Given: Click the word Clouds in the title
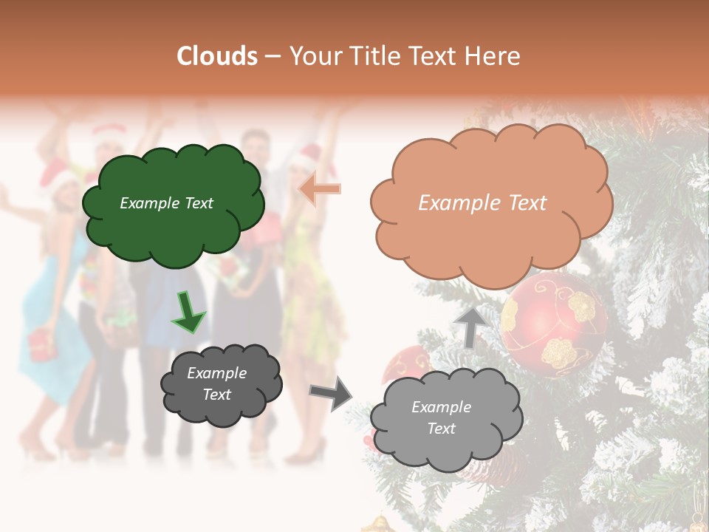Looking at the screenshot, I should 218,56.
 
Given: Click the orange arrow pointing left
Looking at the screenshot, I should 319,189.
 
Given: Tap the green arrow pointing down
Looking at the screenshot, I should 188,312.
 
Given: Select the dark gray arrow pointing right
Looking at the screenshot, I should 330,392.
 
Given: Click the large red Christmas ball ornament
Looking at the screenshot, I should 554,324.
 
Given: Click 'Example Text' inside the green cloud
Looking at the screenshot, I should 166,203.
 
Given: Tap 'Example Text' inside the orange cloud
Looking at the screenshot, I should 482,203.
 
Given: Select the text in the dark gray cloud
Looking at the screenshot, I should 216,383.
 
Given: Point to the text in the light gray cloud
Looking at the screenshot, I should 441,417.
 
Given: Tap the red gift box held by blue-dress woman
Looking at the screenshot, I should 40,344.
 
